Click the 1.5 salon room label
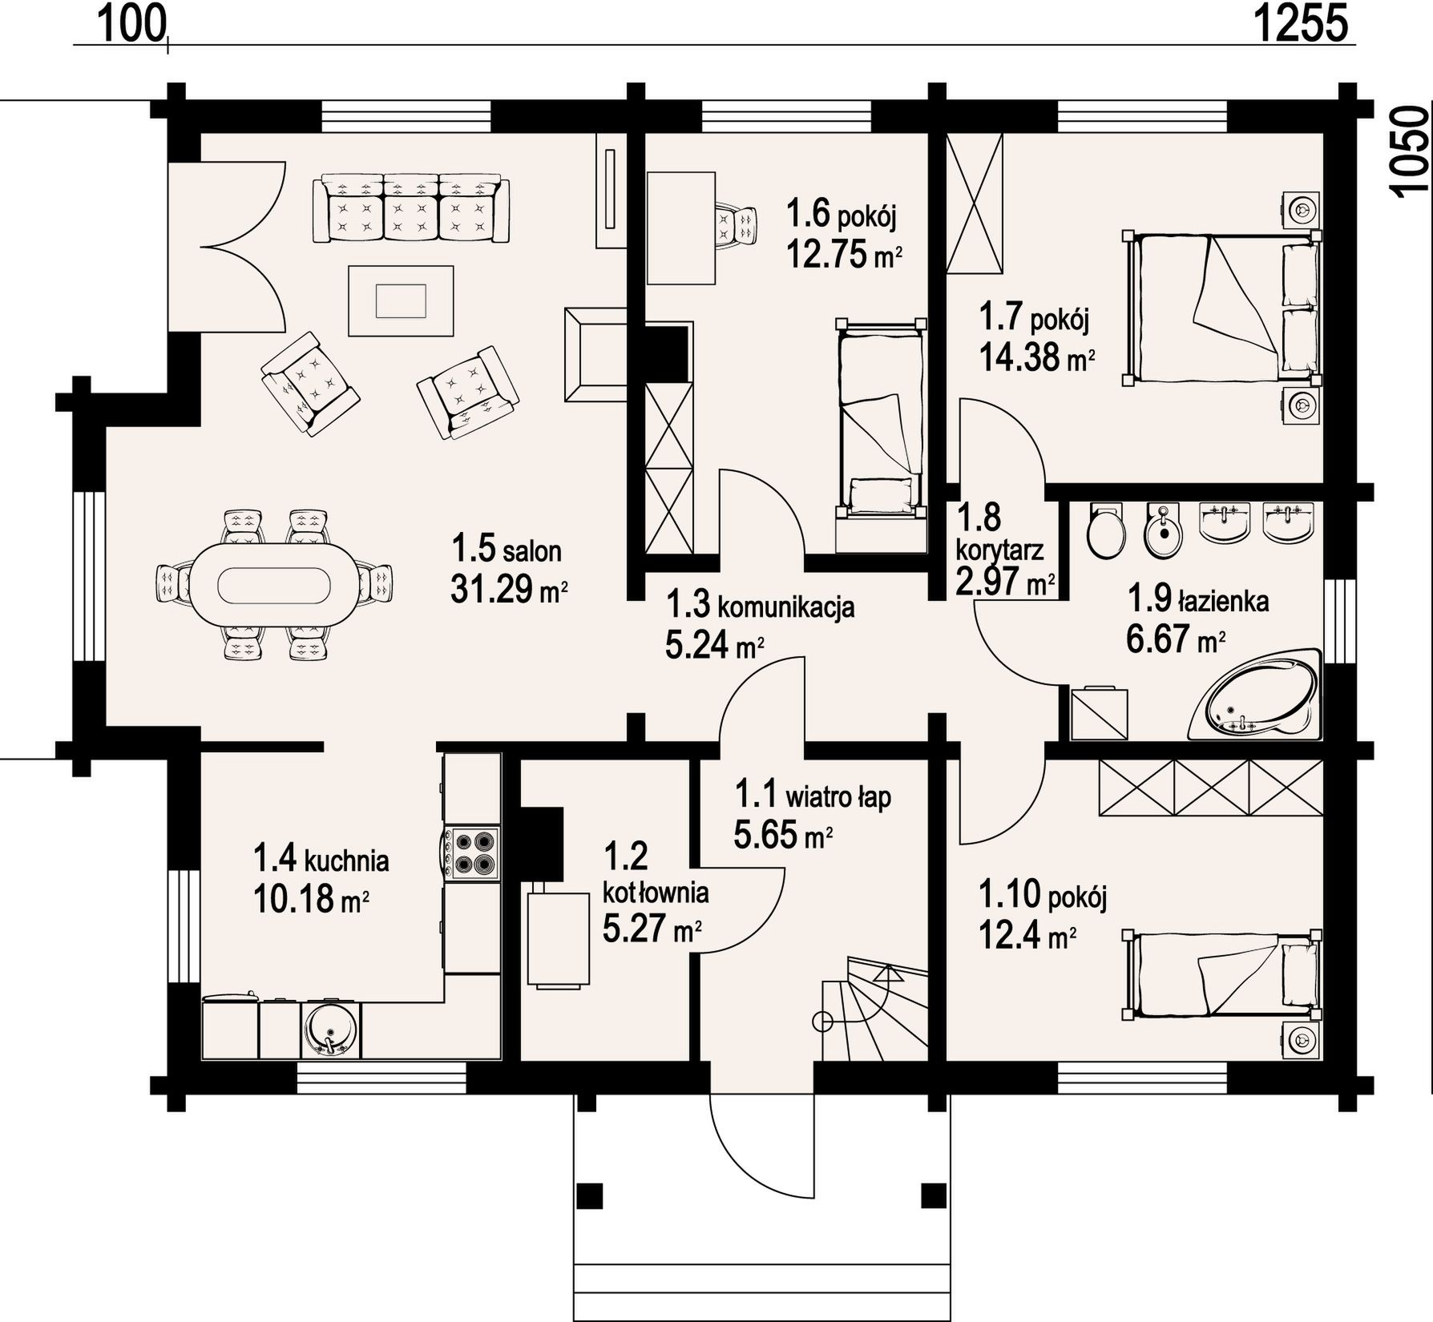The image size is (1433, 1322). pos(506,550)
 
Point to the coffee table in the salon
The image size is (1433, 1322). pos(401,300)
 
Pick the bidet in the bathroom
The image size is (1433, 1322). pos(1164,529)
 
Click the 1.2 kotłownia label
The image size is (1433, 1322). pos(655,891)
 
